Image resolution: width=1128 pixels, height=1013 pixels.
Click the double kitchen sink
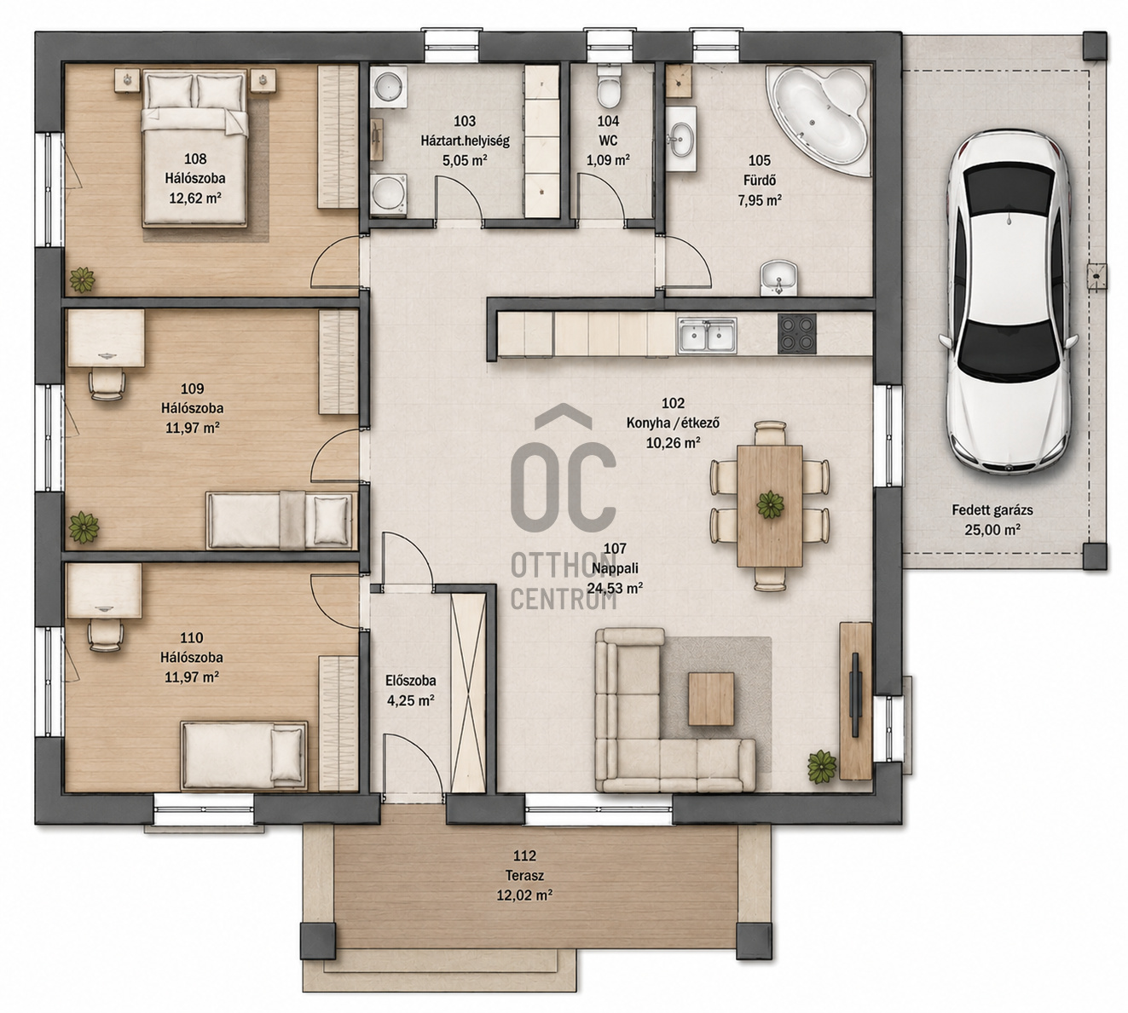click(707, 336)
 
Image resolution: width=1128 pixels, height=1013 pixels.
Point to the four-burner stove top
click(797, 334)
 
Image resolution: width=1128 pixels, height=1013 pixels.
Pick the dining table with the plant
click(769, 505)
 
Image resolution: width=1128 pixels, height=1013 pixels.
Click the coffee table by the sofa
click(711, 699)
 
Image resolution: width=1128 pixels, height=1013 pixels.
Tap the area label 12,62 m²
click(194, 198)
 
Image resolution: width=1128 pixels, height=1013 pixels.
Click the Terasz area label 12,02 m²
click(524, 895)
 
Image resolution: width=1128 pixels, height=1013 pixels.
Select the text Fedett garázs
click(992, 509)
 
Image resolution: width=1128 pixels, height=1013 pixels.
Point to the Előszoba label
click(410, 680)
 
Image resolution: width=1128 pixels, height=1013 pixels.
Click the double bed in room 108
click(194, 148)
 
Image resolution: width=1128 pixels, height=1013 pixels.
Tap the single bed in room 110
click(244, 755)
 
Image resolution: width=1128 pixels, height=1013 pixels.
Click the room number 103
click(465, 121)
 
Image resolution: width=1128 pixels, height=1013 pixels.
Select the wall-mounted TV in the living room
click(855, 695)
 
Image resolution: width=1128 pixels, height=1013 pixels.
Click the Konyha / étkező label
click(673, 423)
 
